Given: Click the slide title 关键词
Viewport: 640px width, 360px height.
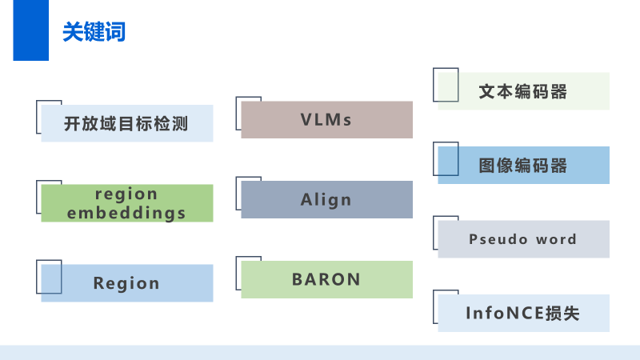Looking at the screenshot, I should click(94, 32).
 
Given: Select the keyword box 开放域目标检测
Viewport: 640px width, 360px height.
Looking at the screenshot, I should click(126, 124).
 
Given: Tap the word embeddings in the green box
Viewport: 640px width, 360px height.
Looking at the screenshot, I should click(126, 213).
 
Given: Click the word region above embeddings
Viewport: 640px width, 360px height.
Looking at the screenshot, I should click(126, 194).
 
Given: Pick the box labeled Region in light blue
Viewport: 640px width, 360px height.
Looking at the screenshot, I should click(126, 283).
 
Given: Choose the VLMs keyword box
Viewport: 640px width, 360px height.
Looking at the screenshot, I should click(326, 120).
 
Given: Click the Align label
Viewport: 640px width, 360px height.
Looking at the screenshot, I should click(326, 200).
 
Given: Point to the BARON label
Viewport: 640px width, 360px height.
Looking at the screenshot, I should click(326, 279).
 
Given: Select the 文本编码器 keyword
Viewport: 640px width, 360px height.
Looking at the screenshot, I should click(523, 91).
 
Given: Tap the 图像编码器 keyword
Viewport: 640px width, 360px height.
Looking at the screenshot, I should click(523, 166).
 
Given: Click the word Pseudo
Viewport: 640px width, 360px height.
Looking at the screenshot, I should click(498, 239).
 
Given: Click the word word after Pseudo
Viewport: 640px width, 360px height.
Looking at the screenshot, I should click(556, 239).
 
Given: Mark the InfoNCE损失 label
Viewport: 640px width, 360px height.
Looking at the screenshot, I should click(523, 314).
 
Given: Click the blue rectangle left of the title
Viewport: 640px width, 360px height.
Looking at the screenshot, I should click(30, 30).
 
